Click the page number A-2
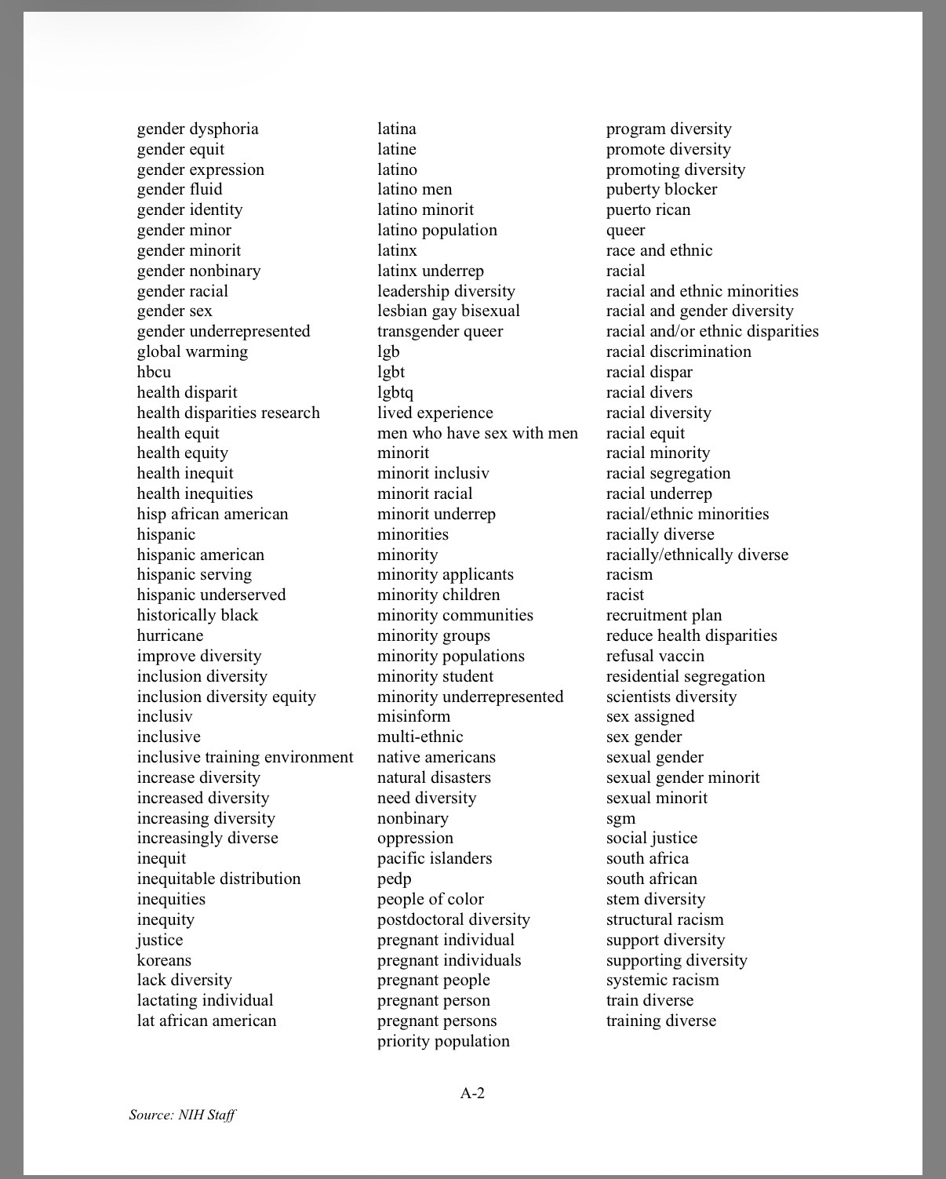click(x=472, y=1093)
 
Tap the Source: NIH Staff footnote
click(x=182, y=1115)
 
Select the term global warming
click(x=192, y=351)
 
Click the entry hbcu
click(x=154, y=372)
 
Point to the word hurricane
click(x=170, y=635)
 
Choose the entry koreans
click(x=164, y=960)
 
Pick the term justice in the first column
click(x=160, y=940)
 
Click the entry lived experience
click(x=435, y=413)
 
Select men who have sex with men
click(x=478, y=433)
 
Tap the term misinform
click(x=414, y=716)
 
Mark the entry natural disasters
click(x=434, y=777)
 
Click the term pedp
click(x=395, y=879)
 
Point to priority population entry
click(x=443, y=1041)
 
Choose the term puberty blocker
click(x=661, y=189)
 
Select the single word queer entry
click(x=626, y=230)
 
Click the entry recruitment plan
click(x=664, y=615)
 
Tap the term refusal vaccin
click(x=655, y=656)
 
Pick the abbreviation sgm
click(x=621, y=818)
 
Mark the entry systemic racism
click(x=662, y=980)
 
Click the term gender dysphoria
click(x=198, y=129)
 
